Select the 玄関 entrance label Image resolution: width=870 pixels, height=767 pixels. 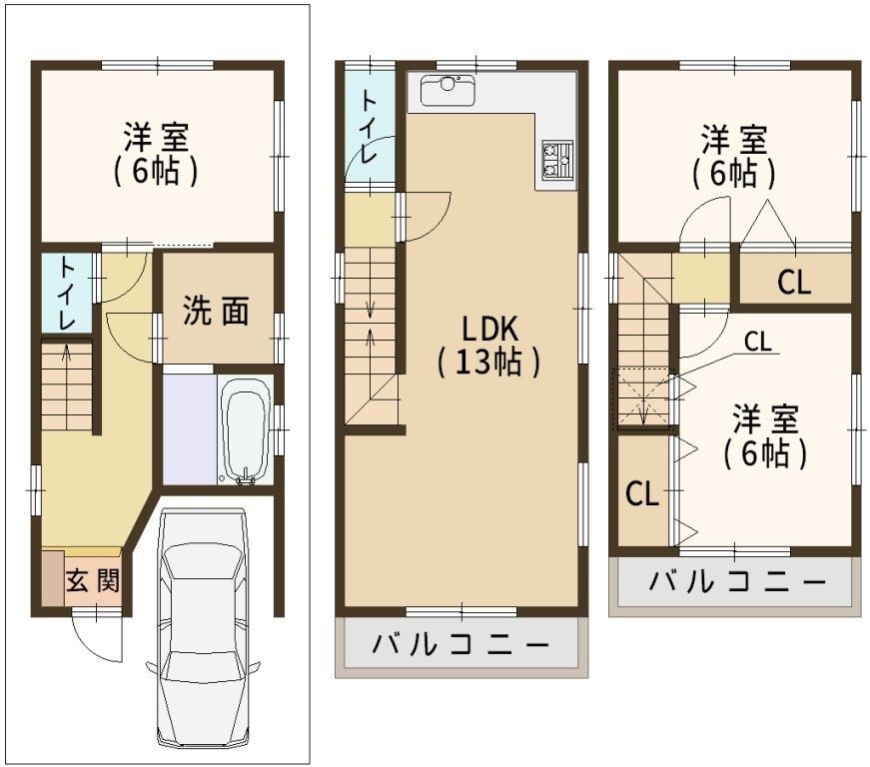click(x=92, y=581)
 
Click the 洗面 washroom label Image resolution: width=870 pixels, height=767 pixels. click(x=215, y=312)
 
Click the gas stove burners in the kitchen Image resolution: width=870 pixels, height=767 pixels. click(x=555, y=159)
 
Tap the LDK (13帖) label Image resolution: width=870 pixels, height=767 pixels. click(x=489, y=344)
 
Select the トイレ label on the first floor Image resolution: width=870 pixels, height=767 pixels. click(x=66, y=294)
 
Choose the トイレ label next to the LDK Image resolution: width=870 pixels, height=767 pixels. click(x=368, y=127)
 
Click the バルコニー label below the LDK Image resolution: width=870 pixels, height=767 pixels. click(x=461, y=645)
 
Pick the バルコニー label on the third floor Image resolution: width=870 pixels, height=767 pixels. click(x=737, y=580)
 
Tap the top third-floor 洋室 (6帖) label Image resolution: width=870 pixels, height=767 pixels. click(x=733, y=155)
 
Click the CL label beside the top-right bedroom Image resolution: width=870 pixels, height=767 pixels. click(x=794, y=284)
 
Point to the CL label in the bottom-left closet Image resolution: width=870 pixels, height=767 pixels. click(x=642, y=493)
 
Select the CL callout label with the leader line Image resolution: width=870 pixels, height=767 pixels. click(x=757, y=342)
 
